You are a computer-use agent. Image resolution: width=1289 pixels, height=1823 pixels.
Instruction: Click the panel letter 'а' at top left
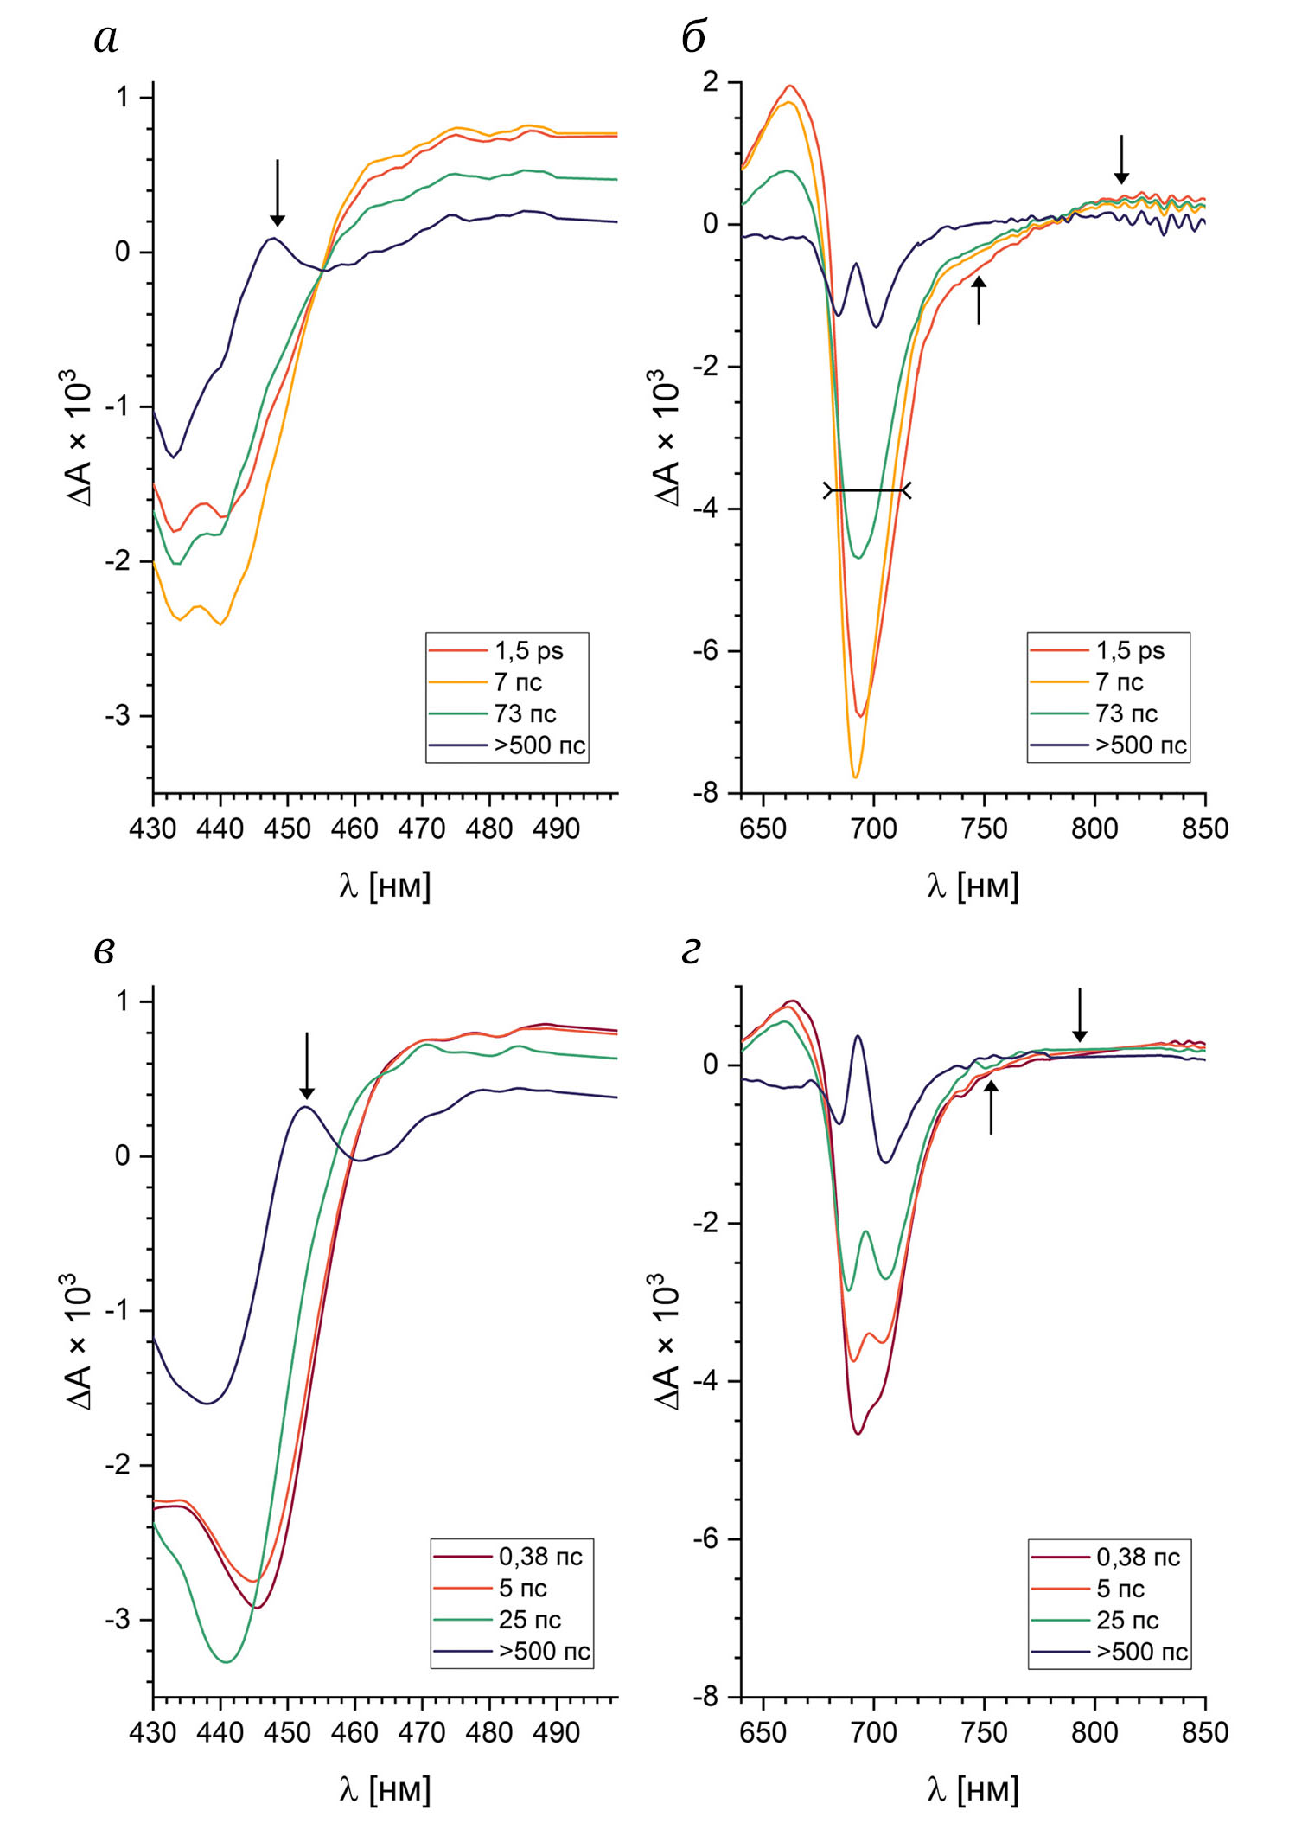(x=105, y=39)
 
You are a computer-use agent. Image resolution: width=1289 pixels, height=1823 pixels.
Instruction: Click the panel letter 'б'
(x=692, y=37)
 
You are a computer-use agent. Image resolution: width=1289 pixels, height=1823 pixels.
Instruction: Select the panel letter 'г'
(x=691, y=951)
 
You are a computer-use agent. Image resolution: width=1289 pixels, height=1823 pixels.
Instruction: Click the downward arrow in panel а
(x=278, y=192)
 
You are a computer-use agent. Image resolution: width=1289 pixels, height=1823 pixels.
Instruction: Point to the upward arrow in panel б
(x=979, y=300)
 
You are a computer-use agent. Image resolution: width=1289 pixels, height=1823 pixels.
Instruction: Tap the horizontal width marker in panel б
(x=867, y=491)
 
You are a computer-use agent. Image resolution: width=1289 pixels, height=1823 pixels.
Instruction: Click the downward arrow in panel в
(x=307, y=1065)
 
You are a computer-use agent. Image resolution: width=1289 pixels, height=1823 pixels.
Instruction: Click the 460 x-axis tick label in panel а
(x=354, y=829)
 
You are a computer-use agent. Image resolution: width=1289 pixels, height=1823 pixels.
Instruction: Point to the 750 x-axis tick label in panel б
(x=984, y=829)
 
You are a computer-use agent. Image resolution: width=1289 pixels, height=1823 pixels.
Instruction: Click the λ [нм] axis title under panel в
(x=385, y=1789)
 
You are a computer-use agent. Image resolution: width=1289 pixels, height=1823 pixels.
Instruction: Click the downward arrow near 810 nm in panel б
(x=1121, y=160)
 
